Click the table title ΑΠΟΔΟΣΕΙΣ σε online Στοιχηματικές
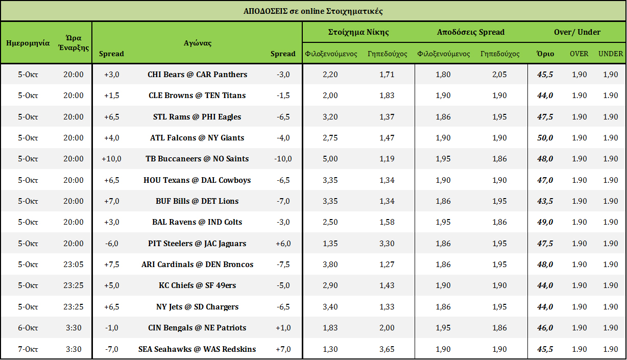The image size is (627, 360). pos(313,11)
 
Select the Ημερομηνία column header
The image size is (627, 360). pos(28,43)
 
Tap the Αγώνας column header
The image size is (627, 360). pos(197,43)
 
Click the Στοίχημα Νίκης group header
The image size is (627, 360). pos(358,32)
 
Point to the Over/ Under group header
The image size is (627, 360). pos(577,32)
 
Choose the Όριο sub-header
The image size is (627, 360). pos(545,54)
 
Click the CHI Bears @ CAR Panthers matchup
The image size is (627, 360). pos(197,75)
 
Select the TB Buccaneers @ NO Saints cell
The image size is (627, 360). pos(197,159)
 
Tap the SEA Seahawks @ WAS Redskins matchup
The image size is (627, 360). pos(197,349)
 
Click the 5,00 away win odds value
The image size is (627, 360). pos(330,159)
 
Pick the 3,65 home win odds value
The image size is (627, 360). pos(387,349)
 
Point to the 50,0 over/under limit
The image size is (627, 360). pos(545,138)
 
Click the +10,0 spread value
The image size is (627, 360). pos(111,159)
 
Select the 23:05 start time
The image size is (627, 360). pos(74,265)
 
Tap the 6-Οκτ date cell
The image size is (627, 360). pos(28,328)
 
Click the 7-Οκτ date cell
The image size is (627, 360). pos(28,349)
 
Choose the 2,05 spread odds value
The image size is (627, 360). pos(500,75)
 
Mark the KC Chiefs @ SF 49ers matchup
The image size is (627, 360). pos(197,285)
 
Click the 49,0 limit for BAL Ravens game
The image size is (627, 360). pos(545,222)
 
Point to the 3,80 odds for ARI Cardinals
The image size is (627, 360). pos(330,265)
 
